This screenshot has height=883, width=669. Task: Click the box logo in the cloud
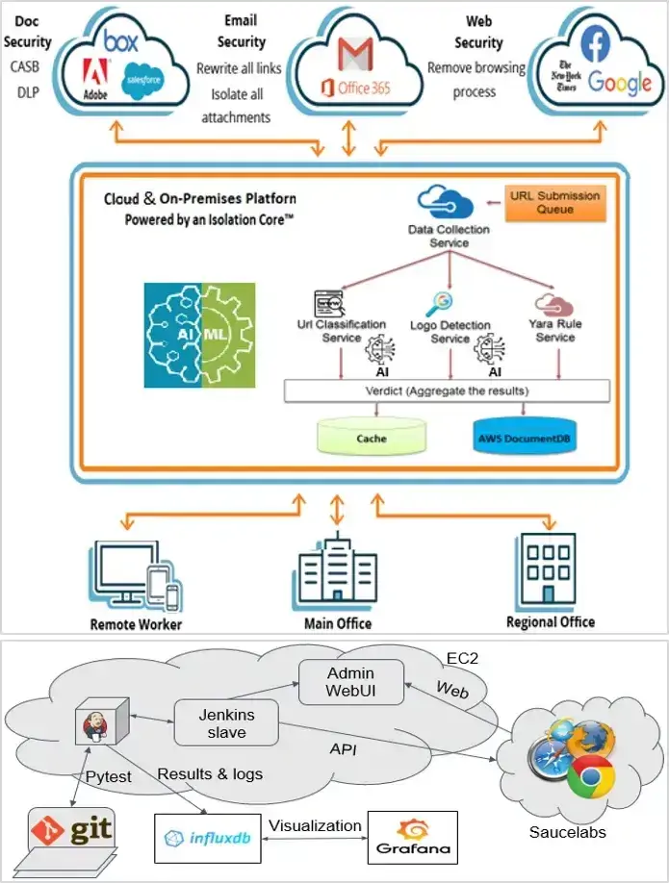(121, 41)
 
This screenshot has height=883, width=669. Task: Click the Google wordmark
(620, 82)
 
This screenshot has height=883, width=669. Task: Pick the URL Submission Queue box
(554, 203)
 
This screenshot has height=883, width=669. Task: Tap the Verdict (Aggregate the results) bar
(447, 391)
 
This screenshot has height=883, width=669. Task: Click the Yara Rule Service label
(555, 332)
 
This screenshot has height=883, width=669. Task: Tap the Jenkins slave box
(226, 723)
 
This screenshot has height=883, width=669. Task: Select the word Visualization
(315, 825)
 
